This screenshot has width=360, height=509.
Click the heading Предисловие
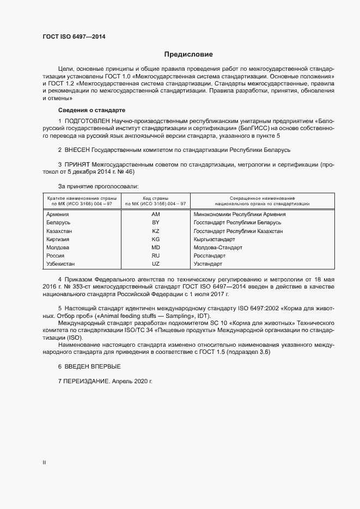[188, 54]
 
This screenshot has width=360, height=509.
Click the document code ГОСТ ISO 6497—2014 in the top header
[74, 37]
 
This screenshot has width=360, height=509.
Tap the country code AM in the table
[155, 214]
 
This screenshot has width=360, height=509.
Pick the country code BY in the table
[155, 223]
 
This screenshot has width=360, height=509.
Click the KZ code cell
[155, 231]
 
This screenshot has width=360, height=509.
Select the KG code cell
[155, 240]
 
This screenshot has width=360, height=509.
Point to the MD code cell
[155, 248]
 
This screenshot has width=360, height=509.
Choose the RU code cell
[155, 256]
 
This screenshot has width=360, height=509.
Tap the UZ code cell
[155, 264]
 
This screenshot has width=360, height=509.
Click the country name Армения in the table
[58, 214]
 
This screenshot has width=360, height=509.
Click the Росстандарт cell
[209, 256]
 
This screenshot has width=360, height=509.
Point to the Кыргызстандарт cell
[214, 240]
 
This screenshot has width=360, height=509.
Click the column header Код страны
[155, 198]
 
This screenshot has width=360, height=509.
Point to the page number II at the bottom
[44, 463]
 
